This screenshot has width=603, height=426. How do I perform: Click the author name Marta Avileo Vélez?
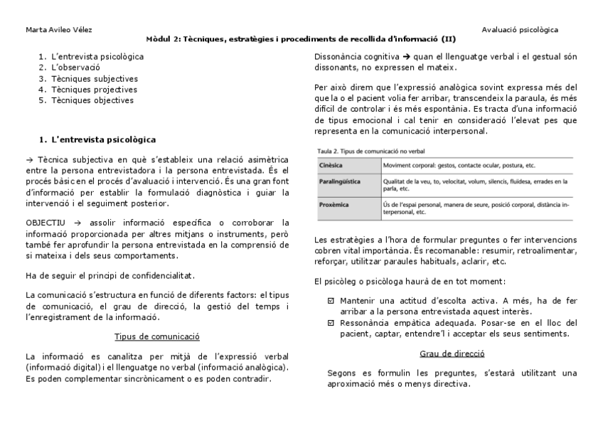(58, 30)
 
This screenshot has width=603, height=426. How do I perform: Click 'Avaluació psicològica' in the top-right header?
(519, 30)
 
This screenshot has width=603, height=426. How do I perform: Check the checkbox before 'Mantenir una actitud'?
(331, 302)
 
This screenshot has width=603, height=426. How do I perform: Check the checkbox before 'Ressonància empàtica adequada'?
(331, 323)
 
